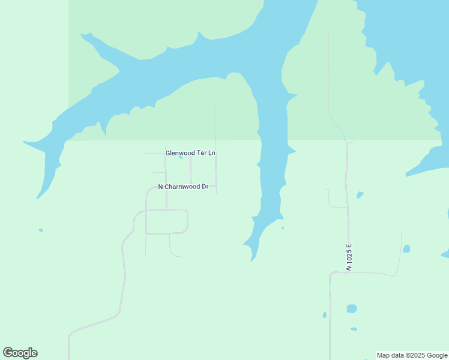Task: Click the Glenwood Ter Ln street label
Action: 190,154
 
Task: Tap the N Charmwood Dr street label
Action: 183,187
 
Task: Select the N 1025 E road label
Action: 348,257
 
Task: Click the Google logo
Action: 20,353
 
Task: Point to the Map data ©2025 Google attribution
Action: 412,355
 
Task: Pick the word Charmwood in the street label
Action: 182,187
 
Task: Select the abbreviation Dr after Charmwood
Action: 205,187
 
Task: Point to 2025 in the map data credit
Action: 416,355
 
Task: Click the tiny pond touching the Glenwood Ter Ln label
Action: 181,158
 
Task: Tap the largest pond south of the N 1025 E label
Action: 352,309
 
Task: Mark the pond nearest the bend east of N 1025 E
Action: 406,248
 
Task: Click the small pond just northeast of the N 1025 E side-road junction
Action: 360,195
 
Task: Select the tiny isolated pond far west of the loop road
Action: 40,230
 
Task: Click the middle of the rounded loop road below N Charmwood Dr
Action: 167,222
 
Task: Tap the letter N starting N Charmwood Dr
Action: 161,187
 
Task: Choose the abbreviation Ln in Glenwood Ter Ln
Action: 212,154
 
